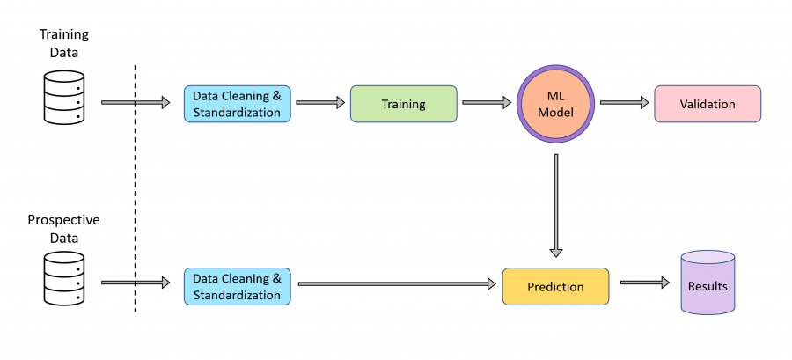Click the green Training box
click(404, 104)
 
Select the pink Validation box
click(708, 104)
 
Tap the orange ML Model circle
click(555, 104)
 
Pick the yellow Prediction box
click(555, 287)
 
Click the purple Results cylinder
click(708, 283)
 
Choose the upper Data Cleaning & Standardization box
click(237, 104)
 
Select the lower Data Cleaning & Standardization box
click(237, 286)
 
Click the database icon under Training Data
click(63, 97)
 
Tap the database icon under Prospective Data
click(63, 279)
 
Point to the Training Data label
click(63, 43)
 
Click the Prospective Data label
click(63, 229)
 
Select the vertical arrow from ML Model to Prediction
click(555, 205)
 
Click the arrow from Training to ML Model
click(487, 102)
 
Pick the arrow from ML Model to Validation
click(624, 102)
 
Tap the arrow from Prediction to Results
click(644, 283)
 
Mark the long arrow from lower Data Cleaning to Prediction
click(397, 284)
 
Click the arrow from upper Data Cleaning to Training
click(320, 102)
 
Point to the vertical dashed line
click(135, 187)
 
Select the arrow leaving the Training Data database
click(136, 102)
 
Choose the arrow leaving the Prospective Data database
click(136, 283)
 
